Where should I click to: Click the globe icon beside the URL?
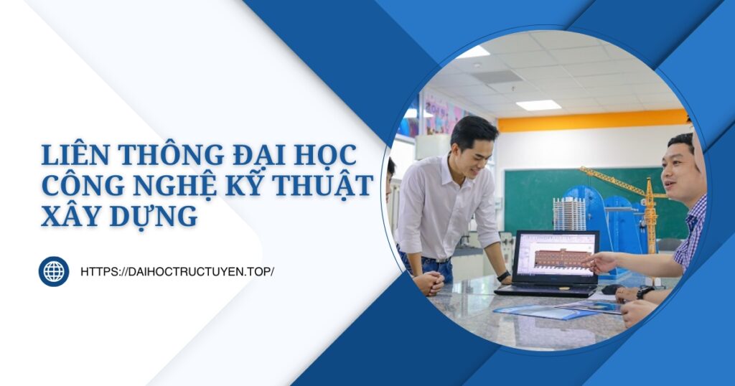[x=54, y=271]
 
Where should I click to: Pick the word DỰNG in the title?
[x=151, y=215]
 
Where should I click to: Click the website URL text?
[x=177, y=272]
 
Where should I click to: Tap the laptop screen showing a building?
[x=556, y=258]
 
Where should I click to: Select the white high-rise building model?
[x=569, y=213]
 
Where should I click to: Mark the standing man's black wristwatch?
[x=505, y=276]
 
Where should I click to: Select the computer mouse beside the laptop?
[x=611, y=289]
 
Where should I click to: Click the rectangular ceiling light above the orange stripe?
[x=538, y=105]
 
